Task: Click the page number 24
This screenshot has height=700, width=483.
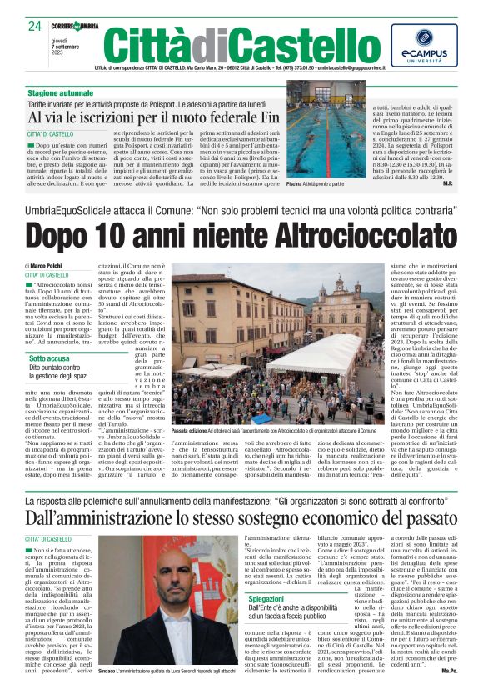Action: click(33, 26)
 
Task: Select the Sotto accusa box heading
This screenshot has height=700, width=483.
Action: click(51, 358)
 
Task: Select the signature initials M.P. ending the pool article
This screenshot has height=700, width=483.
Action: click(447, 182)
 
